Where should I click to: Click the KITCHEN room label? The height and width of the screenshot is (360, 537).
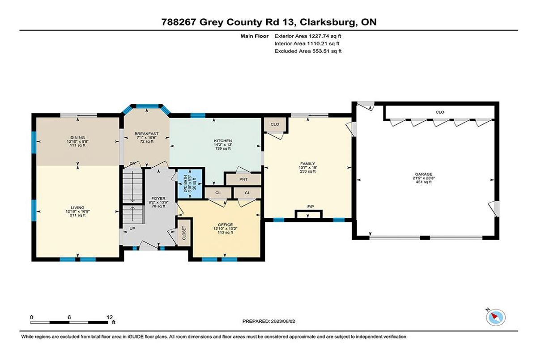coord(223,140)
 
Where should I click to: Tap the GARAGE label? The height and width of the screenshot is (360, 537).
coord(424,174)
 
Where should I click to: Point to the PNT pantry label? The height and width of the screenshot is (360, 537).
coord(243,179)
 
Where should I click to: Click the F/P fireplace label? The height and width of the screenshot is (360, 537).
coord(311,207)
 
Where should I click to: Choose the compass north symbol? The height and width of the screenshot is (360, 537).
coord(495,318)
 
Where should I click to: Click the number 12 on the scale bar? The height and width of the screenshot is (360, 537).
coord(110,318)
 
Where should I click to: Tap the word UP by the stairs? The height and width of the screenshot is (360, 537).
coord(132,229)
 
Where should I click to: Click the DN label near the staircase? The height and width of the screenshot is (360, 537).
coord(132,163)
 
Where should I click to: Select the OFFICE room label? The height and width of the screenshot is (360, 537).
coord(225,224)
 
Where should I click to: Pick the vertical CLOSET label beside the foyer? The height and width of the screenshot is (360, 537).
coord(184,233)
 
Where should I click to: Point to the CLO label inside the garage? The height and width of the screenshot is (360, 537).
coord(440,112)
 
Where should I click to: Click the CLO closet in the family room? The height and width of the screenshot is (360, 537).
coord(275,124)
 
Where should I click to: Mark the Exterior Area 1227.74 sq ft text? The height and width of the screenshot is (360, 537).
coord(307,36)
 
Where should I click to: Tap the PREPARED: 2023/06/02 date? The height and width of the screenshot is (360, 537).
coord(269,321)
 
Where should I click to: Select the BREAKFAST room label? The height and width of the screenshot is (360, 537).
coord(146,134)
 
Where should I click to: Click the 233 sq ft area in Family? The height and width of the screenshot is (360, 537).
coord(307,171)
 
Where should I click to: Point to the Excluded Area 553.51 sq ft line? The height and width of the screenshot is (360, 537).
coord(308,51)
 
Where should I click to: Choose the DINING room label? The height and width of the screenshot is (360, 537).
coord(77,137)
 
